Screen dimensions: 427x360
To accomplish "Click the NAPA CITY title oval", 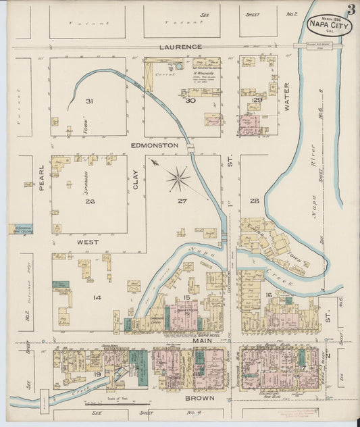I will (328, 25).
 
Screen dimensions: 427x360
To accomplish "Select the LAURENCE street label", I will (180, 47).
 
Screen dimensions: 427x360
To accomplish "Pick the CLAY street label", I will (135, 178).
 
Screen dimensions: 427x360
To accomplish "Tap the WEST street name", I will (88, 241).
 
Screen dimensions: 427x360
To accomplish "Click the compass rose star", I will (178, 179).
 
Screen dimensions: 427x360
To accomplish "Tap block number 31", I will (88, 101).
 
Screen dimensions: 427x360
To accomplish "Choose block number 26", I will (88, 201).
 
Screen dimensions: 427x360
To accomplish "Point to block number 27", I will (181, 201).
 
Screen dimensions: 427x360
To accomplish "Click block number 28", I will (254, 201).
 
